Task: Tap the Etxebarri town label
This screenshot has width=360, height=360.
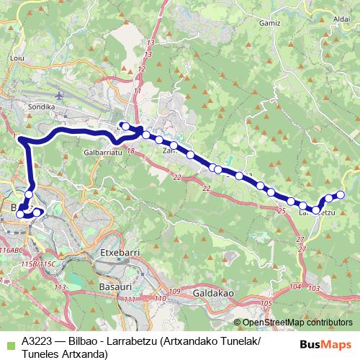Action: pos(115,254)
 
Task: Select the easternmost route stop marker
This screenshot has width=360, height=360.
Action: pos(341,195)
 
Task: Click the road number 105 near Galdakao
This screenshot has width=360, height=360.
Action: pos(266,304)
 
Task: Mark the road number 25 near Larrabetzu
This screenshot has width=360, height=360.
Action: pos(282,211)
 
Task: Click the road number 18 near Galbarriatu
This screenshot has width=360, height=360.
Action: pos(130,151)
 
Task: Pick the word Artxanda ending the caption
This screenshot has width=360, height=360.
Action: pos(85,354)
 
